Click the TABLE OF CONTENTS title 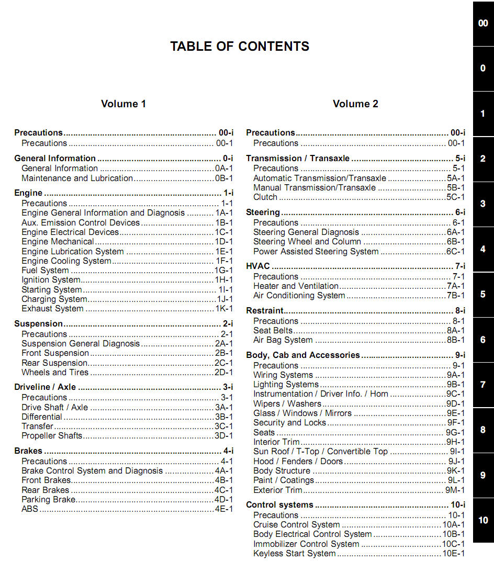tap(240, 47)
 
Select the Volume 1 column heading tap(124, 104)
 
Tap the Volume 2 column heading tap(355, 104)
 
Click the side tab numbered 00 tap(483, 24)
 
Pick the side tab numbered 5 tap(483, 294)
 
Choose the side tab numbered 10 tap(483, 520)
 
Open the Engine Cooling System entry tap(66, 261)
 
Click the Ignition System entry tap(51, 280)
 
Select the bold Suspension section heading tap(39, 324)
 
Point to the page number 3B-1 tap(223, 417)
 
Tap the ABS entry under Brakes tap(30, 509)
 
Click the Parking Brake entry tap(49, 499)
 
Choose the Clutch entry tap(265, 197)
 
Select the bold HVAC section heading tap(258, 266)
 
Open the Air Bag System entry tap(283, 340)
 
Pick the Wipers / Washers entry tap(287, 404)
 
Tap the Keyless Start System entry tap(295, 554)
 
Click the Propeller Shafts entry tap(52, 435)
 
